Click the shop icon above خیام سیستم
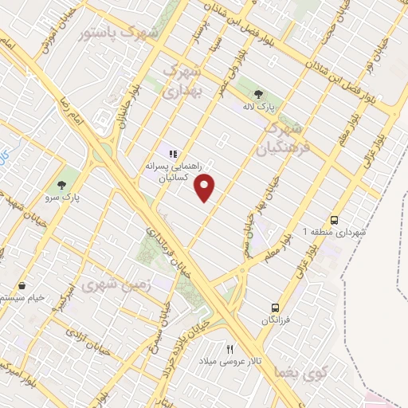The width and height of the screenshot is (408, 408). coord(22,284)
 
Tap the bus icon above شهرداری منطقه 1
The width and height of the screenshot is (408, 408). coord(334,218)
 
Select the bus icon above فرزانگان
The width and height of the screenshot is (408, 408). coord(273,307)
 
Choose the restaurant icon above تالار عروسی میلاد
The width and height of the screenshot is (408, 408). coord(230,348)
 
